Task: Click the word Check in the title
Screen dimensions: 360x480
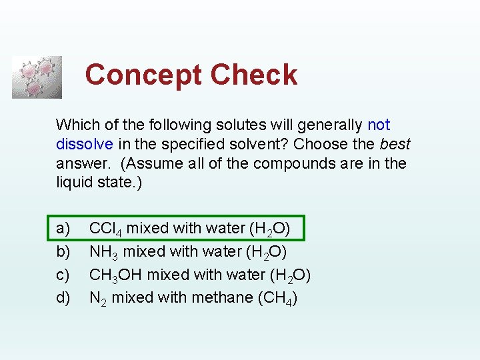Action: (254, 75)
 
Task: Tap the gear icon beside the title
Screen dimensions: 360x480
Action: (37, 77)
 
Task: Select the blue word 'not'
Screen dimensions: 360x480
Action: (379, 125)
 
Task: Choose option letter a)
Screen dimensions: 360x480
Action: (63, 229)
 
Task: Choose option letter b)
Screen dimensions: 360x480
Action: (63, 252)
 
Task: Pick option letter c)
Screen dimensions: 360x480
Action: (63, 275)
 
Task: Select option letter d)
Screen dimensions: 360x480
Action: (63, 297)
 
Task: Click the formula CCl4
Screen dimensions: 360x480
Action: (105, 229)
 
